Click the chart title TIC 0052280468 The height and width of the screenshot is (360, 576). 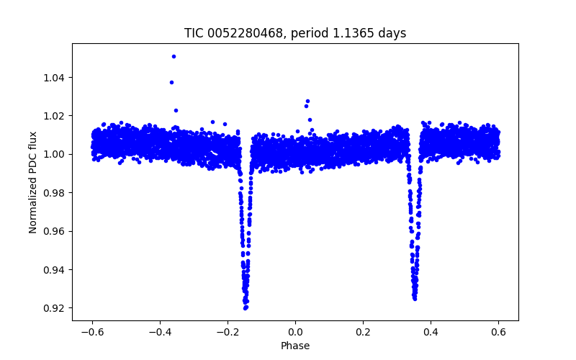click(x=295, y=33)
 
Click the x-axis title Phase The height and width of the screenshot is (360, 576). click(x=295, y=346)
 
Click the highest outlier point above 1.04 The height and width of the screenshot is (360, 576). click(x=174, y=56)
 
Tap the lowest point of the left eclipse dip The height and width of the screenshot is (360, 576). click(x=246, y=307)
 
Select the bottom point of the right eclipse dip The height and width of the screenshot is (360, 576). click(x=415, y=298)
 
